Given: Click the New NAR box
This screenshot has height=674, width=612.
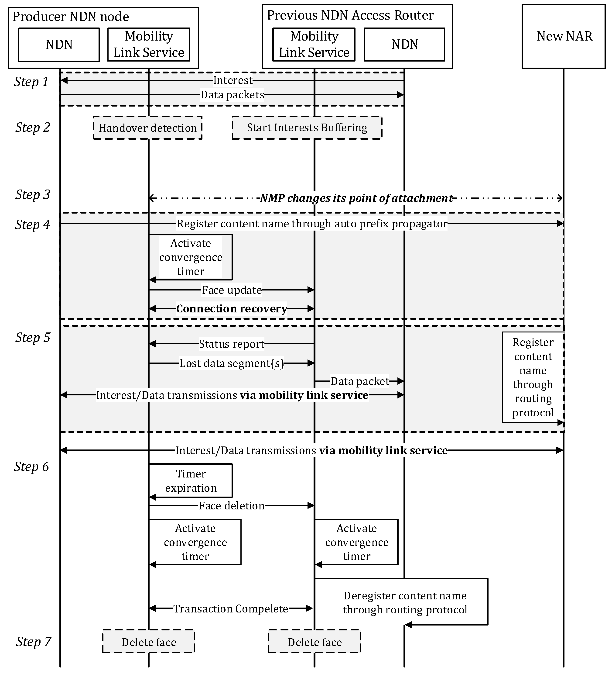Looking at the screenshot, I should (x=563, y=36).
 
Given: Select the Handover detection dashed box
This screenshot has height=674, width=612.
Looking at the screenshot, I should (x=148, y=128).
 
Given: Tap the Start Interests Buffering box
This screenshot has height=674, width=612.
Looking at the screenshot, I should (x=307, y=128).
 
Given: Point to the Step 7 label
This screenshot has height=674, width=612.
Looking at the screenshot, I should (x=33, y=641).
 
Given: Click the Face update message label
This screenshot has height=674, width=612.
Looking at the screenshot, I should (x=232, y=290).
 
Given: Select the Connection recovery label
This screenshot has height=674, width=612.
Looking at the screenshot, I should (x=232, y=309).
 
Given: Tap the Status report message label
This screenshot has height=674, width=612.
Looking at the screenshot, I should (x=232, y=344).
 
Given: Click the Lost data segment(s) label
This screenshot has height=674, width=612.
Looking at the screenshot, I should (x=232, y=363).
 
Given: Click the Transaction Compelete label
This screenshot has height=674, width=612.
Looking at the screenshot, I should (x=230, y=608).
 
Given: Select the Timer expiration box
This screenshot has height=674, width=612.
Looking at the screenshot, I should (x=191, y=481).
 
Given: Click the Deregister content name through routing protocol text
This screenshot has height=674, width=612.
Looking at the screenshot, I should (x=405, y=602).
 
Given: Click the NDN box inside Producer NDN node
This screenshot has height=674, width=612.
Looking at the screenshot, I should (x=59, y=45).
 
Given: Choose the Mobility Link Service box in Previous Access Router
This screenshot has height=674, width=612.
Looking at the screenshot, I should (x=314, y=45).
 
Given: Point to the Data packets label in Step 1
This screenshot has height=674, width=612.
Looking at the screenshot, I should (x=232, y=95).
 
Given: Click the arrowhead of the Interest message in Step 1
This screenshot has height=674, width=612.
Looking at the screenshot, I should (x=63, y=80).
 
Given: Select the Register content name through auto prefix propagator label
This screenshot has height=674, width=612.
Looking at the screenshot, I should (x=312, y=223).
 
